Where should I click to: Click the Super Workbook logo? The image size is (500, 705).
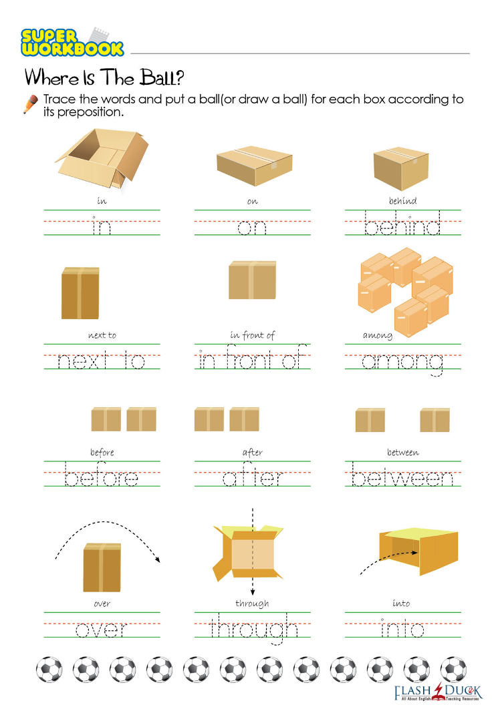coord(72,42)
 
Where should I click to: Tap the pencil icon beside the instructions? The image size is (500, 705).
coord(31,104)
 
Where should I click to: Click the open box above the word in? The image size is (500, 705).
coord(102,158)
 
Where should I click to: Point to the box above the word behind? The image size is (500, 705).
coord(401,168)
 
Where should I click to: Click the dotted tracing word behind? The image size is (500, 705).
coord(402,222)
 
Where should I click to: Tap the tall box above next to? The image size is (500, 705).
coord(80,293)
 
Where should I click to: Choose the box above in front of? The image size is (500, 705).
coord(252,280)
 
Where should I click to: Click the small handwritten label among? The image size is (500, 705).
coord(377,335)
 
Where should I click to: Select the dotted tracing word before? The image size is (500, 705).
coord(102,474)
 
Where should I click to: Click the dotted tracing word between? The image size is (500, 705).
coord(402,474)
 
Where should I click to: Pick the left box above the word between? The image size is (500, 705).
coord(370,420)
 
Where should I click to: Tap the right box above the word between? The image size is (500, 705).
coord(434,420)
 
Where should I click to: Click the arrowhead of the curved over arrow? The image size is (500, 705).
coord(157,559)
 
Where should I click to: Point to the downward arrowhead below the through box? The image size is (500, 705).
coord(253,592)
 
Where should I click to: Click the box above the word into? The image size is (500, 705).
coord(418,551)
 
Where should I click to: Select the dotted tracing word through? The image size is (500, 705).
coord(254,628)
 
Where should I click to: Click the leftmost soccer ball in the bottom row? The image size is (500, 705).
coord(49,670)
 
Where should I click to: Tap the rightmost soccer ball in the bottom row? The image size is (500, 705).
coord(454,670)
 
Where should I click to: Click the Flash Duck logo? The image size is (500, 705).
coord(437,692)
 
